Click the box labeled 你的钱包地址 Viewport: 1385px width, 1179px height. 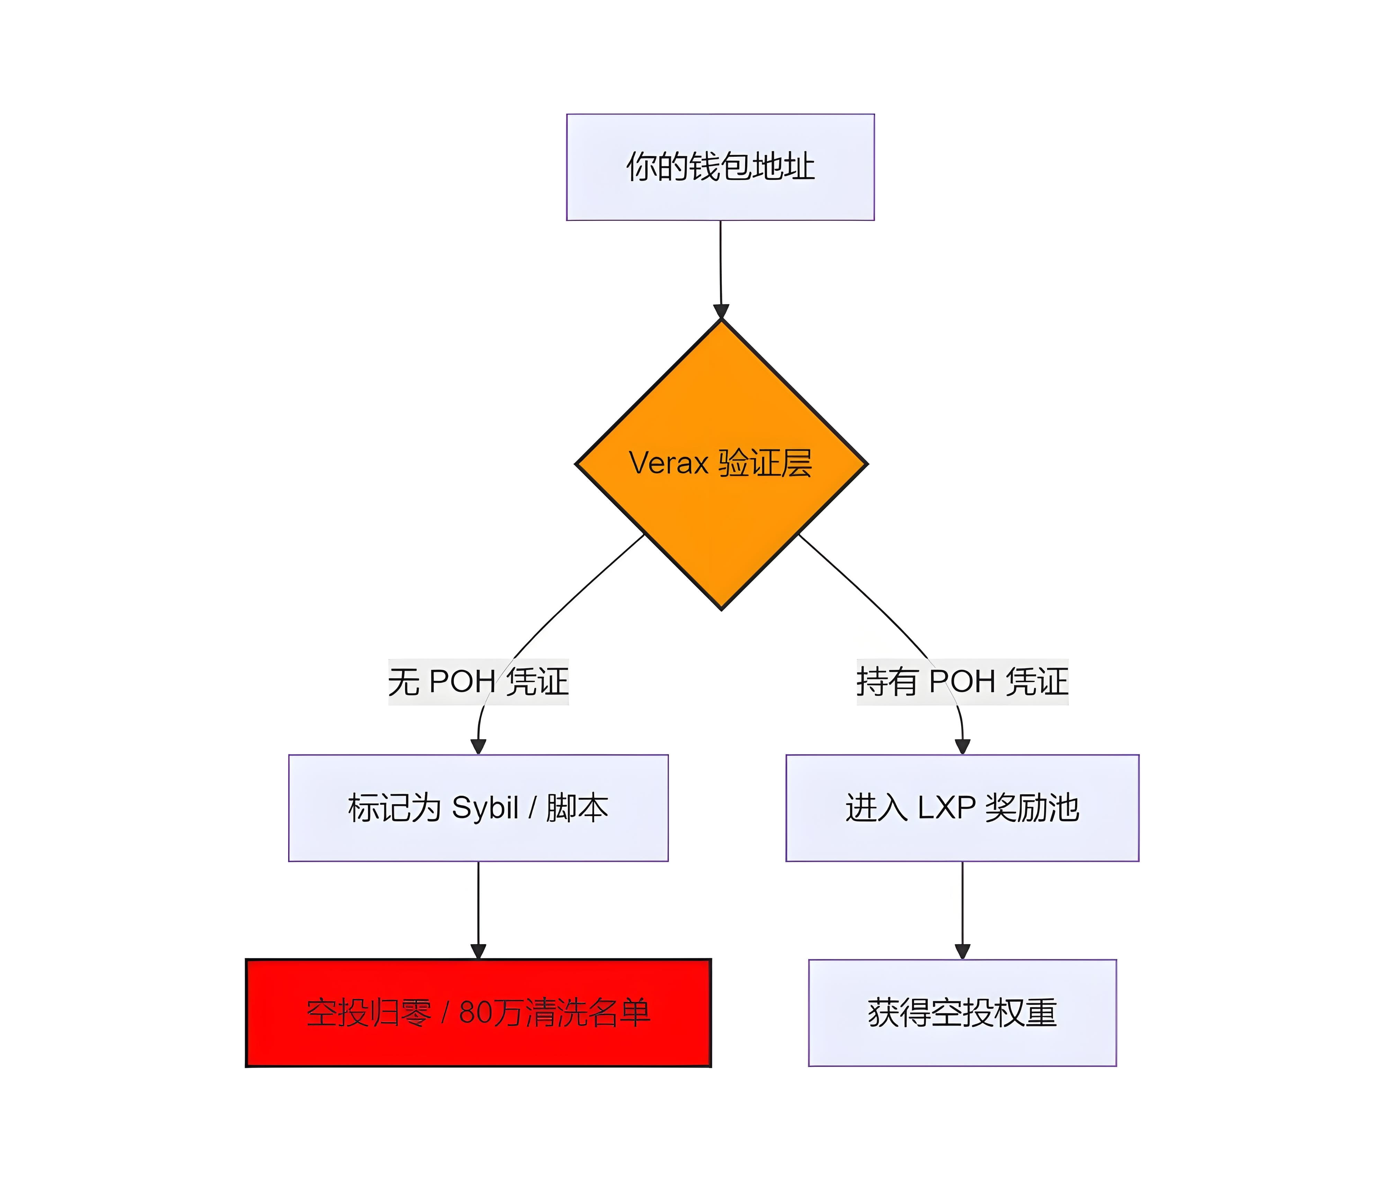pyautogui.click(x=720, y=167)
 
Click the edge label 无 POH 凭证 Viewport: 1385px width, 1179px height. pyautogui.click(x=478, y=681)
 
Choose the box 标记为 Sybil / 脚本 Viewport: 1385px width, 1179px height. pyautogui.click(x=478, y=807)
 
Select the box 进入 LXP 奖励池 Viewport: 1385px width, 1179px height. pyautogui.click(x=962, y=807)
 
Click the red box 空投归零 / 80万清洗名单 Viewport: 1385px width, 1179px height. pyautogui.click(x=478, y=1013)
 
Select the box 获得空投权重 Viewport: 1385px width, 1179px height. pyautogui.click(x=962, y=1013)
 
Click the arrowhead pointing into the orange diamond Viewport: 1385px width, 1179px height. pyautogui.click(x=721, y=311)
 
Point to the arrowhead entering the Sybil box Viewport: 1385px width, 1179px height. pyautogui.click(x=478, y=746)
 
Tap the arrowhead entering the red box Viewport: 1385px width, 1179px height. pyautogui.click(x=478, y=951)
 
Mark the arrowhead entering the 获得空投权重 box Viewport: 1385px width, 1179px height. pyautogui.click(x=962, y=951)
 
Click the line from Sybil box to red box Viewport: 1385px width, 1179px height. pyautogui.click(x=478, y=902)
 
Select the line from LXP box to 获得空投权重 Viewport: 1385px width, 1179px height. pyautogui.click(x=962, y=902)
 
